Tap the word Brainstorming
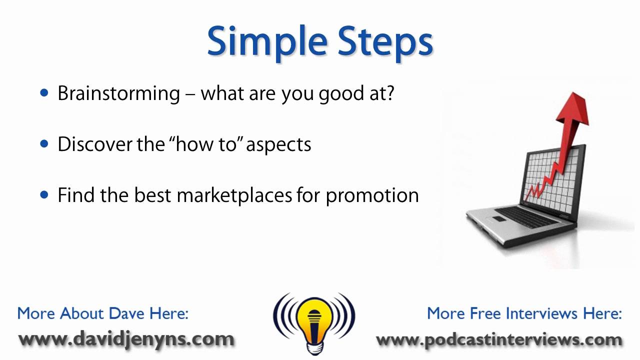[118, 93]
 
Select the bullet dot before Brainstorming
[45, 93]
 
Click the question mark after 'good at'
[389, 93]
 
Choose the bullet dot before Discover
[45, 144]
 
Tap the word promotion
[372, 195]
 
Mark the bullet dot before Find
[45, 194]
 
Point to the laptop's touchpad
[500, 219]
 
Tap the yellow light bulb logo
[313, 320]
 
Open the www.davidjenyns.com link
[126, 339]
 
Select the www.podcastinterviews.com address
[499, 340]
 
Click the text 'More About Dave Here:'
[103, 313]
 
